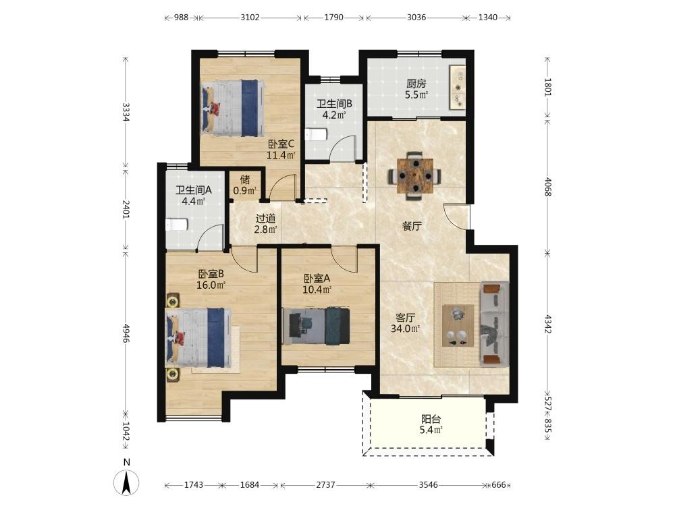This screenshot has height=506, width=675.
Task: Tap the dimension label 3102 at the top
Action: click(250, 18)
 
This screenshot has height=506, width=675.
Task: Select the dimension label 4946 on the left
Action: click(126, 333)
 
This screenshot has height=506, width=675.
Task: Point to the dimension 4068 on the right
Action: click(547, 187)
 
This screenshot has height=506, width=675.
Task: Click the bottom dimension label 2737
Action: click(325, 485)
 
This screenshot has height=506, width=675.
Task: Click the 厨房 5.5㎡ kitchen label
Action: click(416, 90)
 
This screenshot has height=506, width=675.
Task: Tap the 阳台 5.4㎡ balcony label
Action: click(431, 424)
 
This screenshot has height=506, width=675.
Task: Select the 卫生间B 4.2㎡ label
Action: click(335, 109)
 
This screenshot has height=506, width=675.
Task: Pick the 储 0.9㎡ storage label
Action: click(245, 185)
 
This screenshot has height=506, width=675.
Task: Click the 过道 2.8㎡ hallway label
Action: click(265, 224)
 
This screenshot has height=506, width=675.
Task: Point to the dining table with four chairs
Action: click(414, 175)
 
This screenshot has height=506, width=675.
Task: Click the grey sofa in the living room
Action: click(495, 325)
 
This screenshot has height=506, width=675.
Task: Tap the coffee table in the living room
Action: click(458, 325)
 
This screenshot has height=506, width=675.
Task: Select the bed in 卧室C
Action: click(233, 108)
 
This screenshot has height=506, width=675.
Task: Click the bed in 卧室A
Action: click(316, 326)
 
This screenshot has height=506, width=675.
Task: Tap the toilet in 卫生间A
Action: click(176, 225)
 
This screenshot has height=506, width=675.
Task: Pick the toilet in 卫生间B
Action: click(315, 135)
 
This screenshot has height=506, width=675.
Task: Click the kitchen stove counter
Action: click(457, 87)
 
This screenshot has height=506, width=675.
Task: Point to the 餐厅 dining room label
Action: click(412, 226)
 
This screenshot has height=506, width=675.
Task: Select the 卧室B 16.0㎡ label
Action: click(211, 279)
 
